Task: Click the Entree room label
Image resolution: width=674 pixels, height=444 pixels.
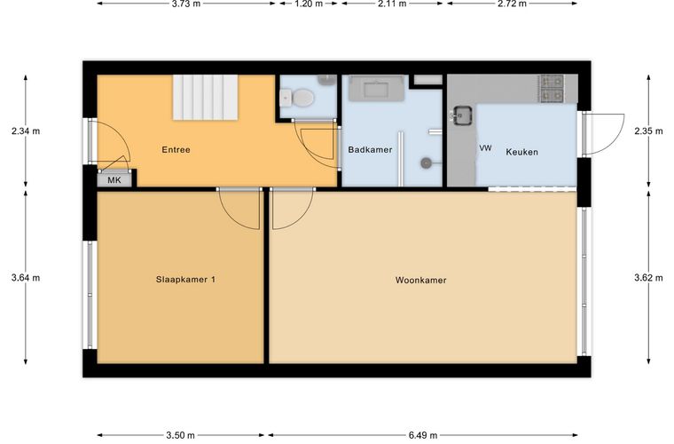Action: [176, 150]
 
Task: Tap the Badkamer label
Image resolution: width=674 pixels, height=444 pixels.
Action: [370, 150]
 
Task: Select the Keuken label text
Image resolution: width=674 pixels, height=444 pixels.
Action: [521, 152]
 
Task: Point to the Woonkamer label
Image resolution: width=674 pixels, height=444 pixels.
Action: [421, 280]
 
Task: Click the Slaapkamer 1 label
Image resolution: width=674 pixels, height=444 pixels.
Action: [185, 280]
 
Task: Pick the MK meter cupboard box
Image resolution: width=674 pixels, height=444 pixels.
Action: [114, 180]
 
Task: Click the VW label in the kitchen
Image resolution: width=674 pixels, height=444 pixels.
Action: [485, 148]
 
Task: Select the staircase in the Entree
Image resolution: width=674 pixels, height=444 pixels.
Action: [206, 97]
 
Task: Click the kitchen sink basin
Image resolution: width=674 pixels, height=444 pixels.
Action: [463, 115]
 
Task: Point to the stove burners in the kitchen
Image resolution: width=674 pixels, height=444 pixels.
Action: [552, 88]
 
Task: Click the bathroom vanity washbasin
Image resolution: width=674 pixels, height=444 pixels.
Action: [376, 89]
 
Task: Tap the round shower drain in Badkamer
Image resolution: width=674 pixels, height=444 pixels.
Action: [426, 163]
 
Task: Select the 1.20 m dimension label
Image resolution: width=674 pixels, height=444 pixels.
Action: [308, 4]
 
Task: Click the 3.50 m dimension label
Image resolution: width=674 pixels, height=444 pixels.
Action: [181, 435]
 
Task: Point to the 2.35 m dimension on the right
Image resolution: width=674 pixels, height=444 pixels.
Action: [648, 131]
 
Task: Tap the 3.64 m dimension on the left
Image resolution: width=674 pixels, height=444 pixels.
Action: [26, 278]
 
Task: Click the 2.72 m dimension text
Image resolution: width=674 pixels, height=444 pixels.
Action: [512, 4]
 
